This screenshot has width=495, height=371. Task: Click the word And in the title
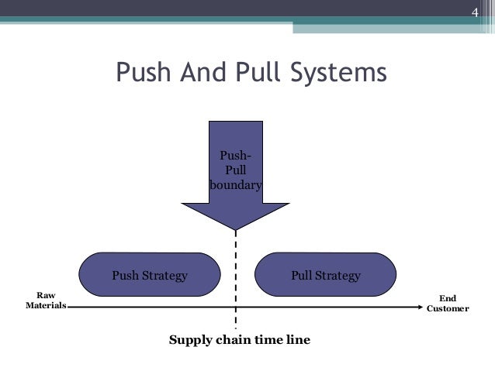pyautogui.click(x=201, y=74)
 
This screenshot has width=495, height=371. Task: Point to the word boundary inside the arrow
pyautogui.click(x=235, y=186)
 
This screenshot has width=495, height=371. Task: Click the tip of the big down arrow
pyautogui.click(x=235, y=228)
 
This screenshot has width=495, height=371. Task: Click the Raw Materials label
pyautogui.click(x=46, y=301)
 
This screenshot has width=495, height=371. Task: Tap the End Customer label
pyautogui.click(x=448, y=303)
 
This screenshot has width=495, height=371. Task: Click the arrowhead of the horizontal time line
pyautogui.click(x=418, y=307)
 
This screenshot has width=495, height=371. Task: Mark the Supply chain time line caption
pyautogui.click(x=240, y=339)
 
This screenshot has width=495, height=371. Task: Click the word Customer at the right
pyautogui.click(x=448, y=308)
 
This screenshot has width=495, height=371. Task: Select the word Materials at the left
pyautogui.click(x=46, y=306)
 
